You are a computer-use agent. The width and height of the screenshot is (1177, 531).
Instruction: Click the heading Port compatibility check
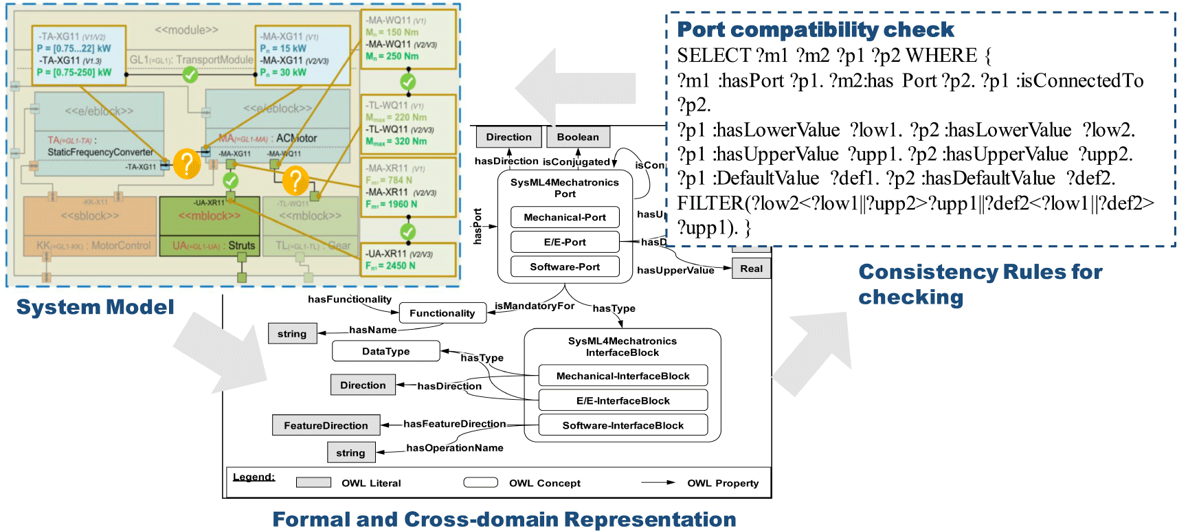815,30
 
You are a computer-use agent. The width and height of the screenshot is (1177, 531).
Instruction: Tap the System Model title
95,307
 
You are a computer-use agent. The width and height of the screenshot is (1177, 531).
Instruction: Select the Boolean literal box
578,137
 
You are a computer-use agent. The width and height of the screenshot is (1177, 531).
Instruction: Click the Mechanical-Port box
565,218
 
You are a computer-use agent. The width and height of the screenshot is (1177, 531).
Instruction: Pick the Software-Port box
565,267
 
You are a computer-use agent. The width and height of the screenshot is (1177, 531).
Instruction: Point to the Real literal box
751,269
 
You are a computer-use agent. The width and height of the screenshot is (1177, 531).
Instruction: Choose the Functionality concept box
442,313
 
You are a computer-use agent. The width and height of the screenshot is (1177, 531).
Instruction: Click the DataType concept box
385,351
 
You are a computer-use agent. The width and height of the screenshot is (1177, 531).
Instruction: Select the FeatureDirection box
326,426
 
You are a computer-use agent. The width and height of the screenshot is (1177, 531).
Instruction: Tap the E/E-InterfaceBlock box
623,400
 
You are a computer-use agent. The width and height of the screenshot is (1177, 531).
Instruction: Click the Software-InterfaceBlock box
623,425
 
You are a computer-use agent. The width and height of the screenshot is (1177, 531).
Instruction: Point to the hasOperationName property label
455,448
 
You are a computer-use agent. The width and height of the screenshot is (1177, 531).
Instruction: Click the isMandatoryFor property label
535,306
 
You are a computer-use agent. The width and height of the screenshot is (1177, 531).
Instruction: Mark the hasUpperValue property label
675,271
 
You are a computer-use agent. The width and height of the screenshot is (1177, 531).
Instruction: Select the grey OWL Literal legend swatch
313,483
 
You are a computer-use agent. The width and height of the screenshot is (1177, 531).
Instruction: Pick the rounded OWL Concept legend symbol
480,483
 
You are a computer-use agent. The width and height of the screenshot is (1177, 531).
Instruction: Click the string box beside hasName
292,334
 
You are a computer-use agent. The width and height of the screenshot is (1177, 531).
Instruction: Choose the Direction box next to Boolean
508,137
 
